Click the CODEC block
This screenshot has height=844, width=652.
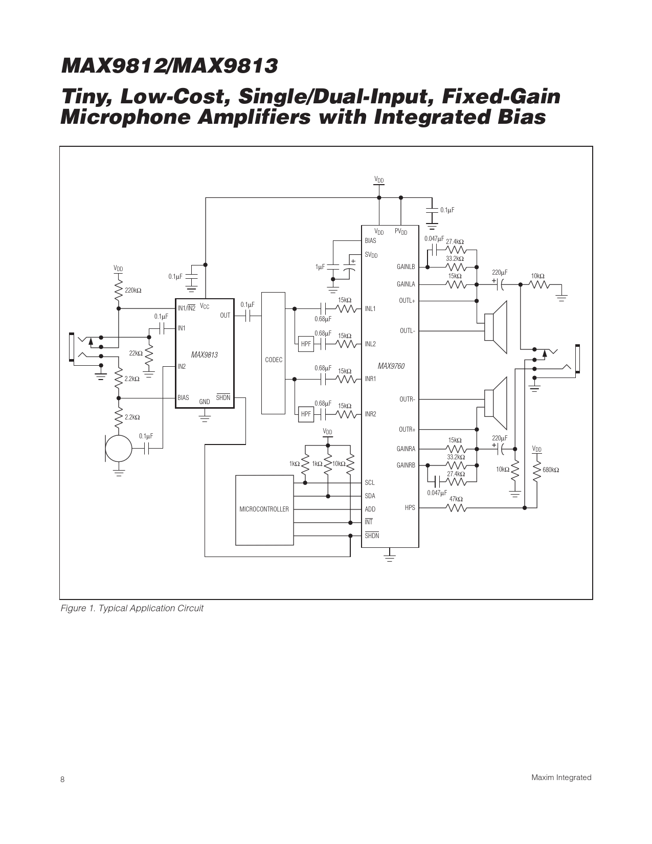274,353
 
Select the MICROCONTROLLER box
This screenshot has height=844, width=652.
264,509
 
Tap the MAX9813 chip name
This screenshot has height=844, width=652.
204,354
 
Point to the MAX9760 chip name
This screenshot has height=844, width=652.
391,366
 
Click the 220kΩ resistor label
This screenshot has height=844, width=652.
133,291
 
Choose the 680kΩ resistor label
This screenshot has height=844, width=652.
551,470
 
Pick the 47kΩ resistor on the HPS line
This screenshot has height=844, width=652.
456,507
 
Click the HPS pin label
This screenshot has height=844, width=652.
410,508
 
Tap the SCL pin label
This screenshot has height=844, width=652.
370,482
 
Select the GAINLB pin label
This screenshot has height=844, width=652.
406,267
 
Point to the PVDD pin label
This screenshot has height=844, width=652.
401,232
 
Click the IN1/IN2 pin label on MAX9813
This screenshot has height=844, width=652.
186,308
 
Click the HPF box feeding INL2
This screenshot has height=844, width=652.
306,344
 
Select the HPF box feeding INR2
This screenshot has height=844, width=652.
306,414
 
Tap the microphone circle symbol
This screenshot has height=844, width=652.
119,448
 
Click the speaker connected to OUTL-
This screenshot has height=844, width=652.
496,327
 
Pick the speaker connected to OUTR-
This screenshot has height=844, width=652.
496,403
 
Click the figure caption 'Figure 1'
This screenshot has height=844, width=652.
132,608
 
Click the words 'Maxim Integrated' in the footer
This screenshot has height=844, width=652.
561,778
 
